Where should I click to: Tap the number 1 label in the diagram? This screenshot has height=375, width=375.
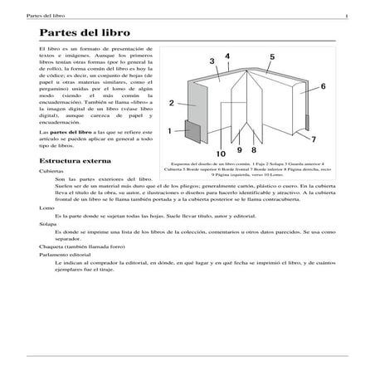[169, 130]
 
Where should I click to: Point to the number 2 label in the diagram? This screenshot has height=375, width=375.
[171, 103]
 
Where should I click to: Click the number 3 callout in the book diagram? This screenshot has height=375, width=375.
[214, 61]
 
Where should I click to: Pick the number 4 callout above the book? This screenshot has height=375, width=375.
[227, 56]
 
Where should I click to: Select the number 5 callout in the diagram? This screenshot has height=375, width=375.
[272, 56]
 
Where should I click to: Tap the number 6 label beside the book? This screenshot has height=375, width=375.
[323, 85]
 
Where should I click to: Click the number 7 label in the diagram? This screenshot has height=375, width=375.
[314, 139]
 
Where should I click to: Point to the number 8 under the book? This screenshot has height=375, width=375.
[252, 150]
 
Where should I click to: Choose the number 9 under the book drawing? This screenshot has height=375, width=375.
[240, 150]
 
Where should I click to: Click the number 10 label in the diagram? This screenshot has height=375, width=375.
[221, 153]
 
